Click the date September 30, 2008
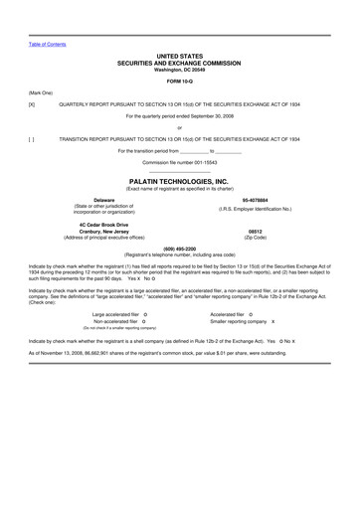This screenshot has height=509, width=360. (212, 116)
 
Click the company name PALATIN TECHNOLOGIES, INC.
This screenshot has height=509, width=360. (179, 182)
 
